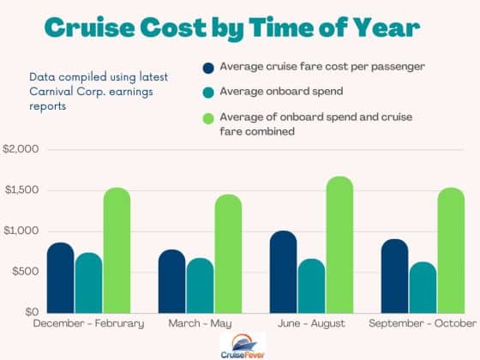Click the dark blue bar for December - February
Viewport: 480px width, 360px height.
60,278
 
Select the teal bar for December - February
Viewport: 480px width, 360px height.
88,283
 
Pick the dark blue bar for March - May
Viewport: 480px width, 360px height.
171,281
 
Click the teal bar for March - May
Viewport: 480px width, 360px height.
200,285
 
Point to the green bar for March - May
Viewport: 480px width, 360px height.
228,254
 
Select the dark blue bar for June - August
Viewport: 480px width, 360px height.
283,272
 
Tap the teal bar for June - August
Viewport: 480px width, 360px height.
311,285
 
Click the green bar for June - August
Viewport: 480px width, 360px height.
339,244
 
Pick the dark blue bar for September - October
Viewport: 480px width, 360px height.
394,276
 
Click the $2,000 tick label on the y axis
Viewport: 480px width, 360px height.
21,150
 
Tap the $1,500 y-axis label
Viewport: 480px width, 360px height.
21,190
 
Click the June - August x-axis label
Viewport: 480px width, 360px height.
310,323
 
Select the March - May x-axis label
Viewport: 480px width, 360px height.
200,323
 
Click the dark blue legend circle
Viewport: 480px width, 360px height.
208,68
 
